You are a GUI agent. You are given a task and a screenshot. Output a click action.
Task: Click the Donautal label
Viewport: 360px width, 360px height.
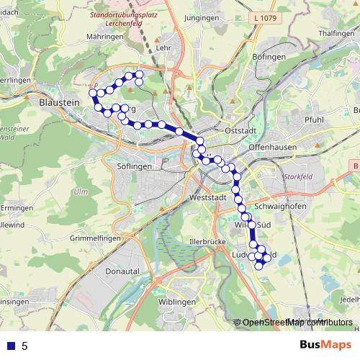click(x=120, y=271)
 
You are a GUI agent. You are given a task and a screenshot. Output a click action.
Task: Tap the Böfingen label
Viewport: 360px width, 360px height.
click(x=271, y=55)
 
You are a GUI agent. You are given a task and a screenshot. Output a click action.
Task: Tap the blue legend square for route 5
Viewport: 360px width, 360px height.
click(x=11, y=346)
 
